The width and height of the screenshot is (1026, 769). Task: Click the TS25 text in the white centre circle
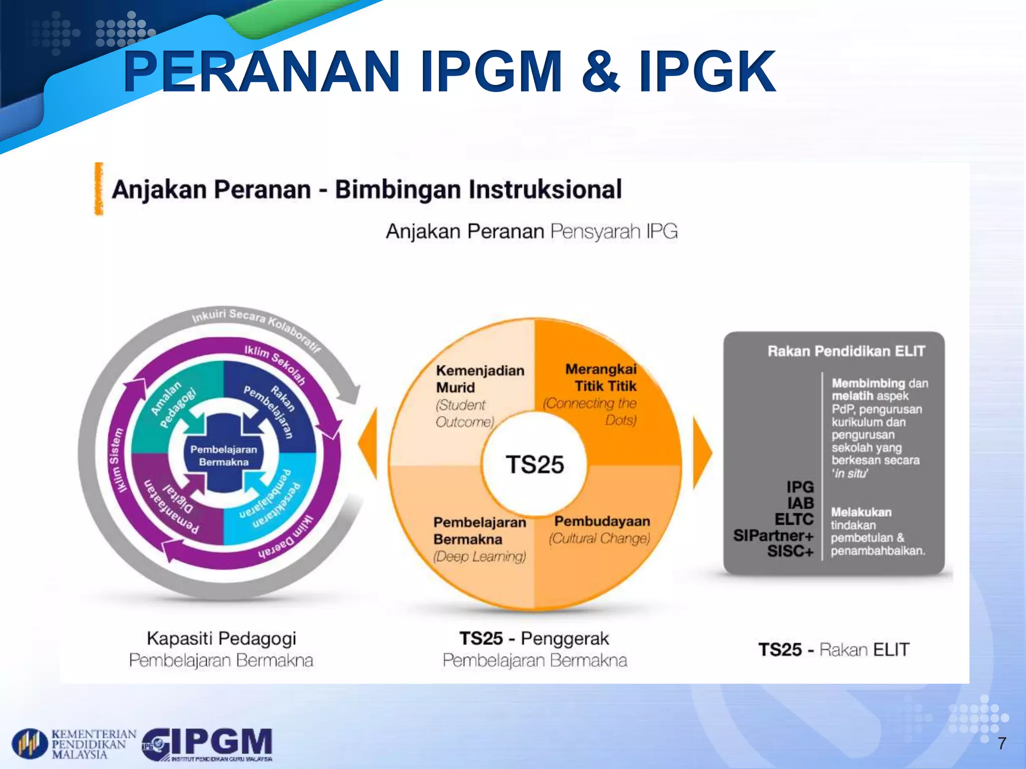535,465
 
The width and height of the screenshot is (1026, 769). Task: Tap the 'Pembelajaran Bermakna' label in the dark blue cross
223,456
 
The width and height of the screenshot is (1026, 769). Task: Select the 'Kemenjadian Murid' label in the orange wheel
479,379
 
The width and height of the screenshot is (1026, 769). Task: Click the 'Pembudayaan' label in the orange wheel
602,521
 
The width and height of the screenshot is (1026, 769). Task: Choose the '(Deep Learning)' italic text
479,556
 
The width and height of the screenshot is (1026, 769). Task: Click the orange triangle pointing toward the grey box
702,453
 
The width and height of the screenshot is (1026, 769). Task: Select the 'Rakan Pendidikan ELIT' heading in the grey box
846,351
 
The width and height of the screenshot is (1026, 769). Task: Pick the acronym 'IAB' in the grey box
800,503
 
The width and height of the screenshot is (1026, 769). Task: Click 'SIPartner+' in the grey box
773,535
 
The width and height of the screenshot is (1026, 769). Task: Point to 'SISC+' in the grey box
790,551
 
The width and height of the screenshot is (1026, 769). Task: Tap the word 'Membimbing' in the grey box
868,383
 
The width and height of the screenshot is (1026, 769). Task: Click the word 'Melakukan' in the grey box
861,512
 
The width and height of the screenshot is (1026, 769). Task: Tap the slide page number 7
1001,743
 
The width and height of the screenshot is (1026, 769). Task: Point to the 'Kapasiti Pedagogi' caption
221,638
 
